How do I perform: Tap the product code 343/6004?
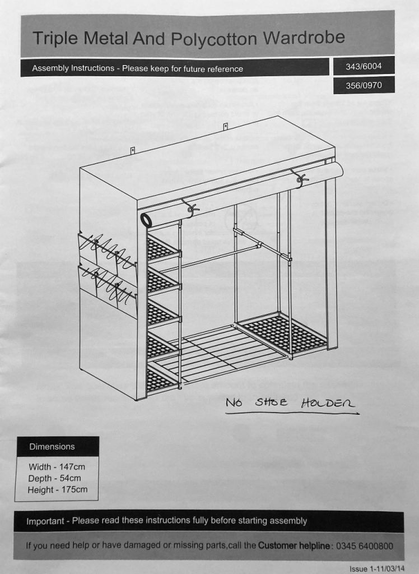364,66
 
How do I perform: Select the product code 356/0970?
364,85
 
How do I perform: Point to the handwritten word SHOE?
271,403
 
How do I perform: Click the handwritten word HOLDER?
328,404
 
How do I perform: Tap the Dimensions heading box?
58,447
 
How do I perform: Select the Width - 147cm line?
57,467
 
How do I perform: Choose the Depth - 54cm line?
54,478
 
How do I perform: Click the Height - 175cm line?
58,489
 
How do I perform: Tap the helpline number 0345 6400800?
365,546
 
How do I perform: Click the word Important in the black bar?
45,521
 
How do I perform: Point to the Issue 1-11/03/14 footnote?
378,569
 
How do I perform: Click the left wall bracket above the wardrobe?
133,150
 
